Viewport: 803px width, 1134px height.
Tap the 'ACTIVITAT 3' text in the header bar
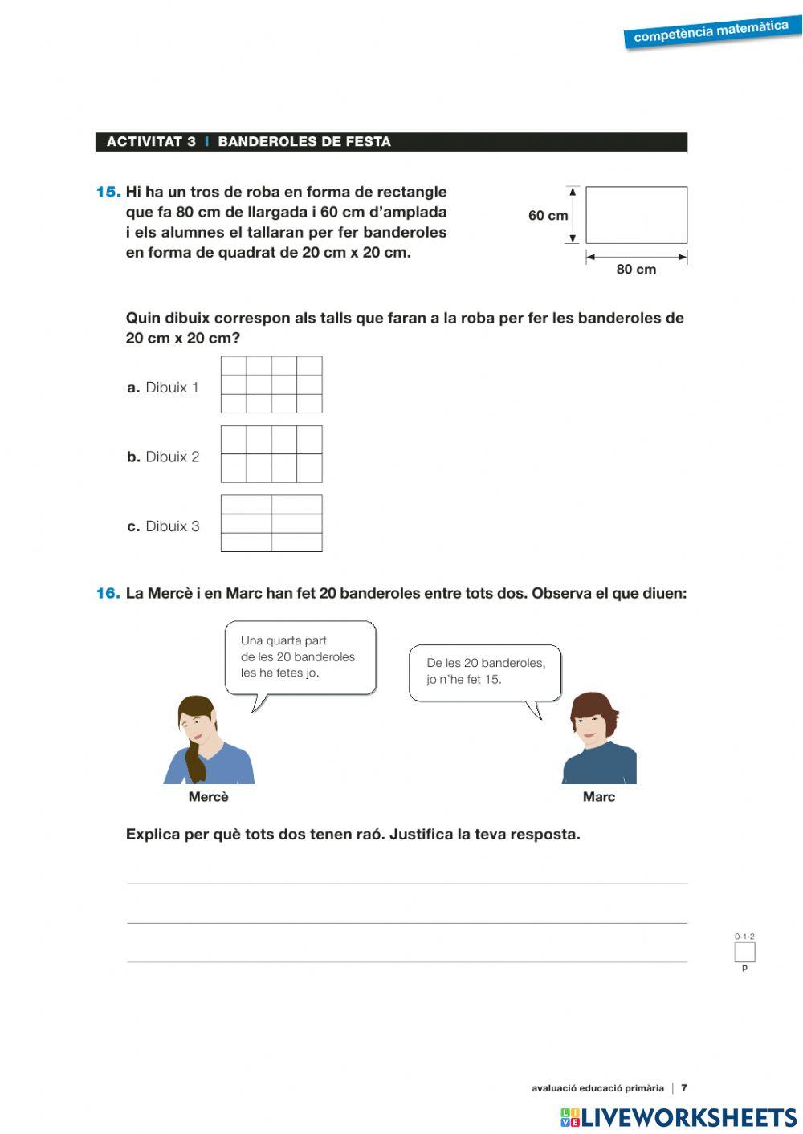click(x=151, y=142)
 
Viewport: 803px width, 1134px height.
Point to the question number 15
click(x=108, y=192)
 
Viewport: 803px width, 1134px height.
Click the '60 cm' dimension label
click(x=548, y=215)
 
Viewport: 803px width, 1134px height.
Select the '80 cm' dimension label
click(x=636, y=270)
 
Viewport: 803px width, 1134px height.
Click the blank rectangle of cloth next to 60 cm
click(x=636, y=215)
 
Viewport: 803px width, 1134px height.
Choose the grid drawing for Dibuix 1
click(x=271, y=384)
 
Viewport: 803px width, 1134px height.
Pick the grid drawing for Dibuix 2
click(x=271, y=454)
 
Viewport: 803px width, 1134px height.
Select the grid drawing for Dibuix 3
click(x=271, y=523)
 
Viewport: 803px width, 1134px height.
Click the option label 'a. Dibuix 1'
click(x=163, y=388)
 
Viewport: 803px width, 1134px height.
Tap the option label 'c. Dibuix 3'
click(x=163, y=526)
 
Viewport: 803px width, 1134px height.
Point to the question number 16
click(x=108, y=594)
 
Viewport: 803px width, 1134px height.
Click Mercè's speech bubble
click(x=300, y=656)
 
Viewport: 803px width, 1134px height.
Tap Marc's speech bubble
click(x=485, y=672)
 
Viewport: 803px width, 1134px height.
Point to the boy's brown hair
click(x=593, y=706)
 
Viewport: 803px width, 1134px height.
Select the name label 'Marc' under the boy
click(x=599, y=797)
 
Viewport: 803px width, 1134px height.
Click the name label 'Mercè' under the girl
click(x=209, y=797)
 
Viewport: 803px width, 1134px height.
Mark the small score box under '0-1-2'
click(x=744, y=953)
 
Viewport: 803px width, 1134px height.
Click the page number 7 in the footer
click(x=684, y=1088)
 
